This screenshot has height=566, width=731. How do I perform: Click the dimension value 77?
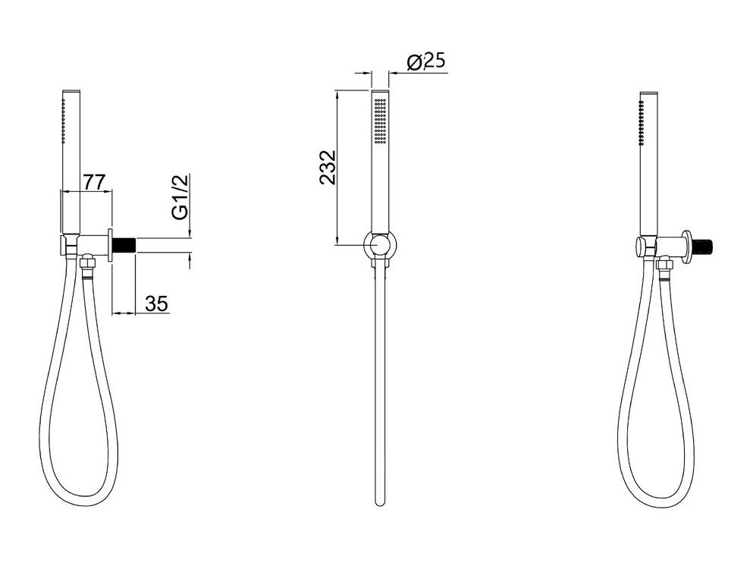(x=95, y=181)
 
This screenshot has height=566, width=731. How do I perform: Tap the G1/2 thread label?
(x=180, y=197)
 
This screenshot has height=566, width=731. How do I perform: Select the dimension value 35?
(x=156, y=303)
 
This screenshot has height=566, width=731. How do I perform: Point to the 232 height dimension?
(x=328, y=167)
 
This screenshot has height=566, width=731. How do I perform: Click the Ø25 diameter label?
(x=426, y=61)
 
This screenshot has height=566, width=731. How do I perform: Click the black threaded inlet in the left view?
(x=124, y=244)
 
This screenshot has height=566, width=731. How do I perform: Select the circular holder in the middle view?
(x=380, y=244)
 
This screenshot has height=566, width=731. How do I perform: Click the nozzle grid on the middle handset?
(x=380, y=121)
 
